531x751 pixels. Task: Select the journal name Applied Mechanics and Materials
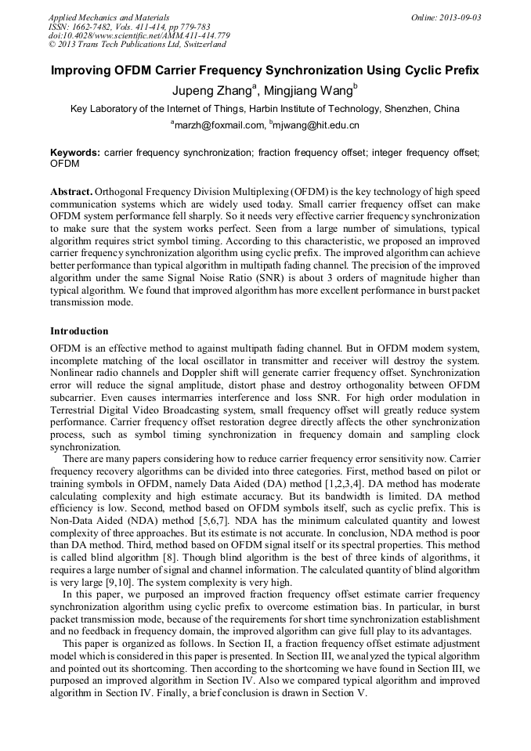tap(108, 17)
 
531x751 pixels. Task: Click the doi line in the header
tap(139, 35)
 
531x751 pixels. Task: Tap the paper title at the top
tap(265, 70)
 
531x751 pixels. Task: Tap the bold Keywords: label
tap(75, 152)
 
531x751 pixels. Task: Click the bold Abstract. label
tap(71, 192)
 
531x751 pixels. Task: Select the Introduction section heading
tap(79, 331)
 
